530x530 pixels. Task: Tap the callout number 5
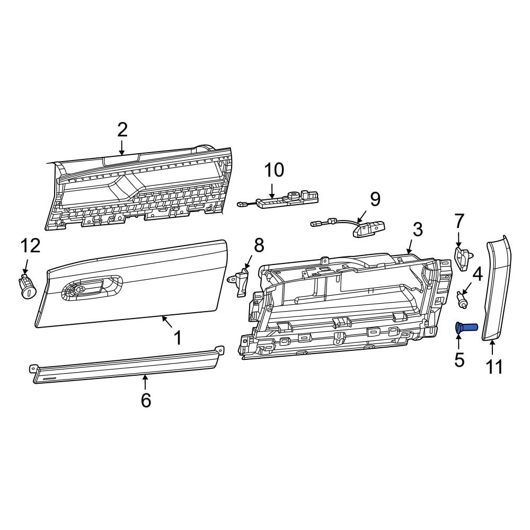tap(459, 360)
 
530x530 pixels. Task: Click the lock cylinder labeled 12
tap(27, 287)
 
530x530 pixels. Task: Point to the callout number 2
tap(122, 129)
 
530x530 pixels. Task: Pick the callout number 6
tap(146, 401)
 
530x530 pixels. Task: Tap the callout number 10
tap(274, 170)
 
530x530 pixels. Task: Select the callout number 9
tap(375, 199)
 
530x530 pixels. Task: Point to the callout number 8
tap(259, 245)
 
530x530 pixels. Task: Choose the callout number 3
tap(418, 229)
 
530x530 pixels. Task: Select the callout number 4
tap(477, 274)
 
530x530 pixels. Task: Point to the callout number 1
tap(178, 337)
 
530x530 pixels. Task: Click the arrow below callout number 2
tap(122, 147)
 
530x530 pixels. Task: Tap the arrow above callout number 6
tap(145, 382)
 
